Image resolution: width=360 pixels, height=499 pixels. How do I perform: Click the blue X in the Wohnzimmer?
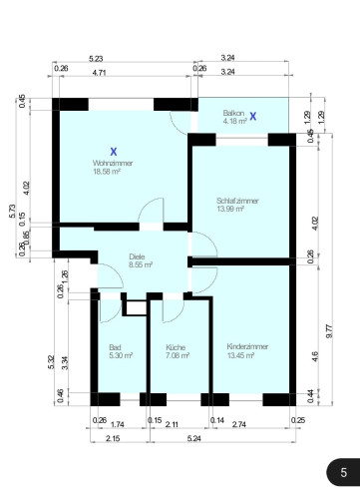[x=114, y=151]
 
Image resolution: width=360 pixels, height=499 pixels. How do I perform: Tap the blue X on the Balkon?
[x=253, y=117]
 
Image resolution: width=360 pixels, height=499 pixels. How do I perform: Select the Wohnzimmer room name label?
[x=112, y=163]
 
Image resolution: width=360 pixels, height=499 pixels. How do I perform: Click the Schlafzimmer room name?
[x=237, y=201]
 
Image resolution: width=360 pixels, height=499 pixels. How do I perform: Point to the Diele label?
[x=137, y=256]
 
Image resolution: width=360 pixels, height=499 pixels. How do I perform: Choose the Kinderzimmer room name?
[x=247, y=346]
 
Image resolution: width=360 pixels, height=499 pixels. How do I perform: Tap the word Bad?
[x=115, y=346]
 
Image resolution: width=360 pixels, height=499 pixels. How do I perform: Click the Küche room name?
[x=176, y=346]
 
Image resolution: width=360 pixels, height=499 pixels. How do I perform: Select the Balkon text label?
[x=234, y=113]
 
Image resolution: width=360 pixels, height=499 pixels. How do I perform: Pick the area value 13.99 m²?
[x=237, y=210]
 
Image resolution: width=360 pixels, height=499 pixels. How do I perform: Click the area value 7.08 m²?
[x=178, y=355]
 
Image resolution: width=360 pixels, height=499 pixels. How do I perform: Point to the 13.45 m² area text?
[x=247, y=355]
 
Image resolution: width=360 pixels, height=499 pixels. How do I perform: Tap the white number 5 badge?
[x=343, y=472]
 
